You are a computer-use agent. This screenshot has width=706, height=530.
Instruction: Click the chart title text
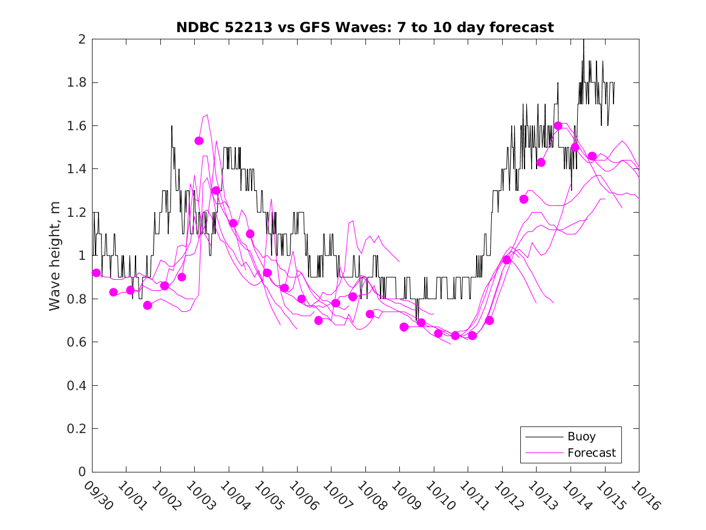365,27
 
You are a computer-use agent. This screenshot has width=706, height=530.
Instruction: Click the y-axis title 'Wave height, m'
55,256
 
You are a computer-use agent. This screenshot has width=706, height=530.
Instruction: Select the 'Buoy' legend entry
581,436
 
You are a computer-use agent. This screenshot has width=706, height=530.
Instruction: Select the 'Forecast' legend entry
591,452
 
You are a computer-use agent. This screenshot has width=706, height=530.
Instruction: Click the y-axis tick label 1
82,256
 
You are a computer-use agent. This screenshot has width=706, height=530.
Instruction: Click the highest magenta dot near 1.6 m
558,125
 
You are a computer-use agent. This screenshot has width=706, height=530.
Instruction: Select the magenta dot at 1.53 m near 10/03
199,141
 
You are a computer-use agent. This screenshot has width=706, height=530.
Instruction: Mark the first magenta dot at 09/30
96,273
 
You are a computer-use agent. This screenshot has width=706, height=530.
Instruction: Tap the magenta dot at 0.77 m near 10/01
148,305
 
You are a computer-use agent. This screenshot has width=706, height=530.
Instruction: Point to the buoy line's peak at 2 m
584,40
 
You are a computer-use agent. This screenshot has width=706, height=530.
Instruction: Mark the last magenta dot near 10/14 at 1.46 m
592,156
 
